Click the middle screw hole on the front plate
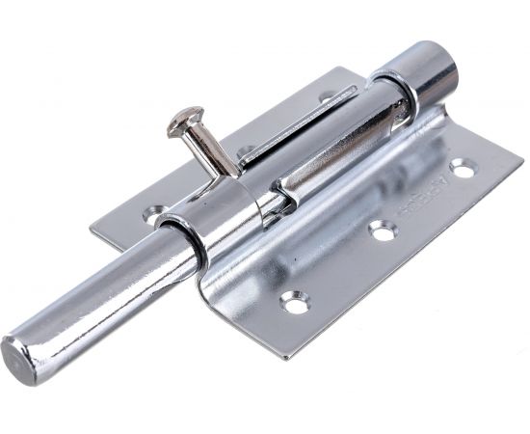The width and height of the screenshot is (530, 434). (x=384, y=231)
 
